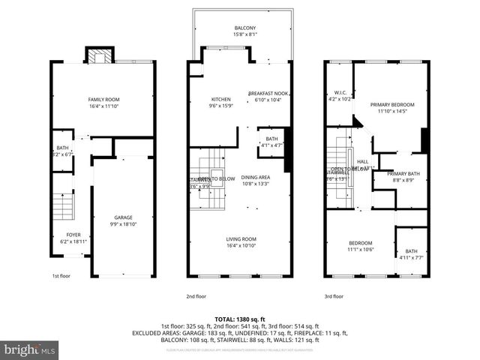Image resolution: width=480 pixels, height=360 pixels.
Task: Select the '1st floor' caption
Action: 61,276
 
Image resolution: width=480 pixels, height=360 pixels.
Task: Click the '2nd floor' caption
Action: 196,296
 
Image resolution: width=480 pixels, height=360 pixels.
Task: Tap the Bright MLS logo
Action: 30,349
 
